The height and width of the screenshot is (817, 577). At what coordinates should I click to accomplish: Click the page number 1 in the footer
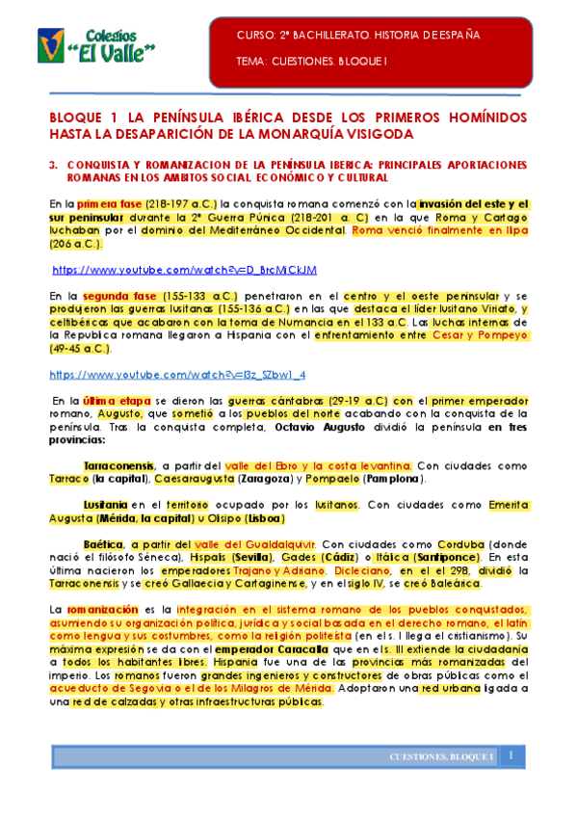pos(512,755)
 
